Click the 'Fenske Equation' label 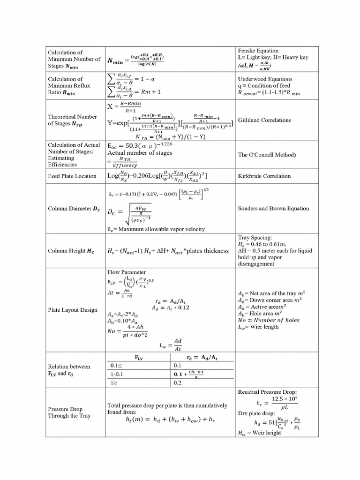258,51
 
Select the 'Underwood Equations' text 265,79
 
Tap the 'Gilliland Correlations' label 264,120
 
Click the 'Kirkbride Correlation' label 264,176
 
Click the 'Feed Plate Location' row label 72,176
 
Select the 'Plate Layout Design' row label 73,310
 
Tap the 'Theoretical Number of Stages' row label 73,120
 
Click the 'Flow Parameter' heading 127,272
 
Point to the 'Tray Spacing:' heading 255,238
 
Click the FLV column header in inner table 139,357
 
